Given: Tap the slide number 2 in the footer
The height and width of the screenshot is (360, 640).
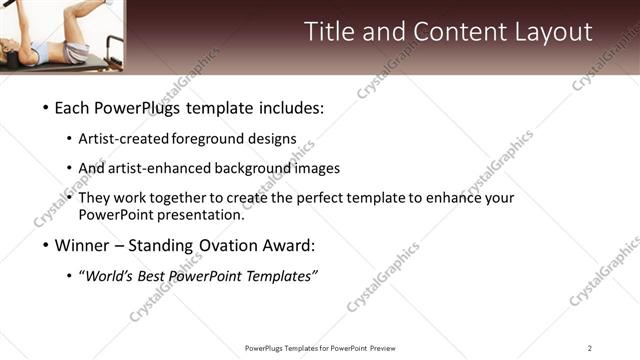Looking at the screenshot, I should [590, 348].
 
